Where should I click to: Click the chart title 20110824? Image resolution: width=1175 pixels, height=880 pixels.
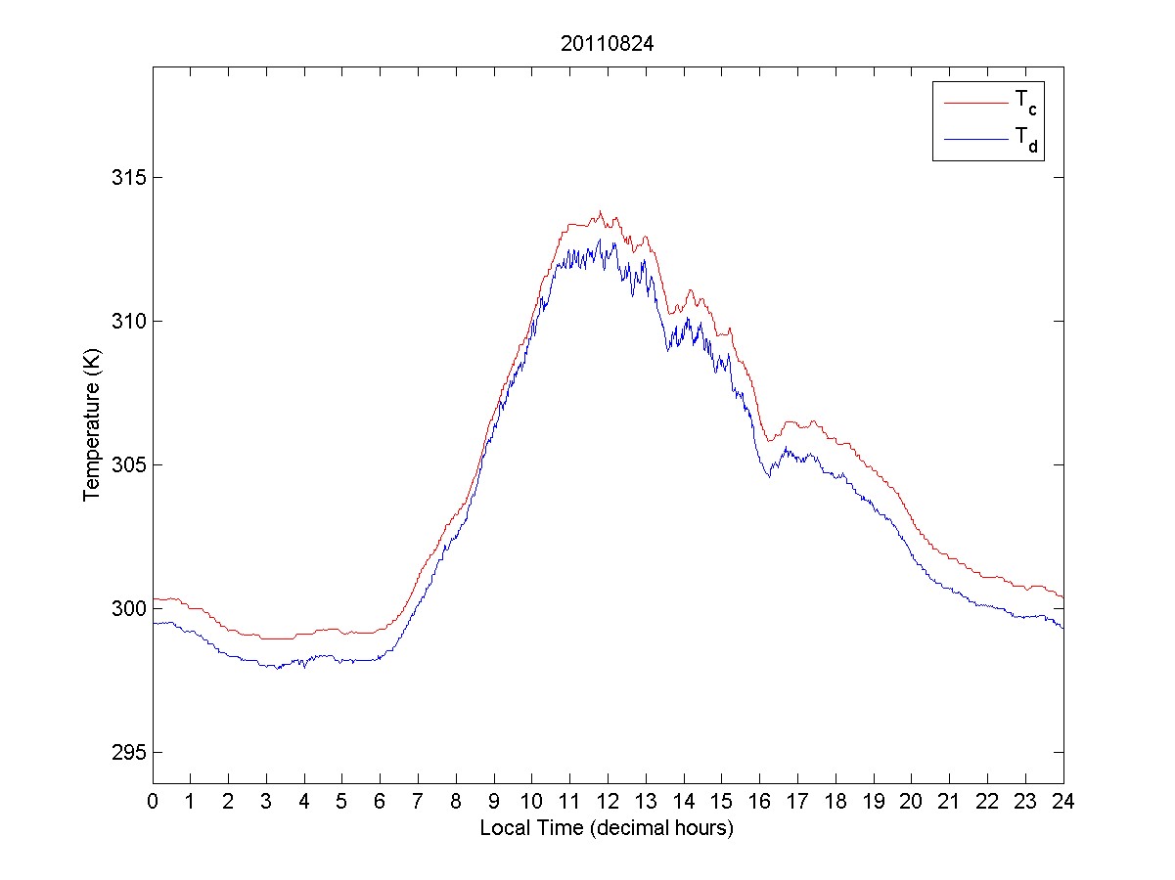(x=607, y=44)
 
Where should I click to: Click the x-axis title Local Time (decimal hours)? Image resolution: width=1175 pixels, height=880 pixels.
(x=607, y=828)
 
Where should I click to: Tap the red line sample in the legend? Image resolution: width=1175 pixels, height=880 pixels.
(x=974, y=102)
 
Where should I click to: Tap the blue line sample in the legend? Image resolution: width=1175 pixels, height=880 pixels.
(x=974, y=141)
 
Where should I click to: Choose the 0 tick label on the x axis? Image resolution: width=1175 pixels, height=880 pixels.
(x=153, y=801)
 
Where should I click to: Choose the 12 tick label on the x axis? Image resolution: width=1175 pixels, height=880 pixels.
(x=608, y=801)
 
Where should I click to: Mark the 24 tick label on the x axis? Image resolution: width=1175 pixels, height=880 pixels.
(x=1063, y=801)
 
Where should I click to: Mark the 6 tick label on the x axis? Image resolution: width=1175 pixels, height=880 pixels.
(x=381, y=801)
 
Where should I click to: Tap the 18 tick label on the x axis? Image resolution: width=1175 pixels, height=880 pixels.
(x=836, y=801)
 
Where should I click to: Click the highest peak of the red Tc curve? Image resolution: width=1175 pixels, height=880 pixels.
(x=601, y=211)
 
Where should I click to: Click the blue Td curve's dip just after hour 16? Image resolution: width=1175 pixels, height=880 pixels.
(x=770, y=476)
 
